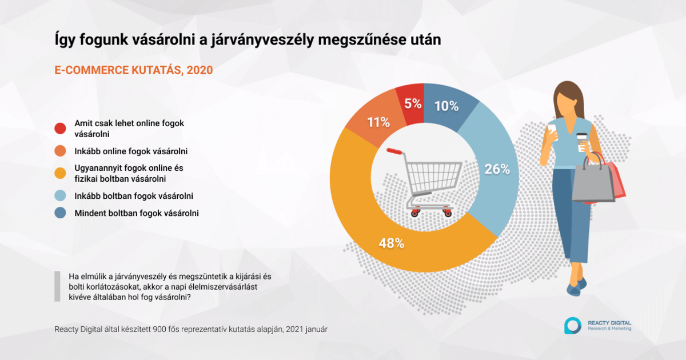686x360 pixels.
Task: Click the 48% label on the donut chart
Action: [392, 242]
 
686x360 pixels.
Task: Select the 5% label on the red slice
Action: [412, 103]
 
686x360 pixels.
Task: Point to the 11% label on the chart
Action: [379, 121]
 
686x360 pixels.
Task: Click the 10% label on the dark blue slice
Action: [446, 106]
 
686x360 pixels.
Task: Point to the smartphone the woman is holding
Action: [552, 129]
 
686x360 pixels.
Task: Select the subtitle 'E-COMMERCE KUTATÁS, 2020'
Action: [134, 70]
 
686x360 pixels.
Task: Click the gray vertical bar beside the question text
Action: [57, 286]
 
